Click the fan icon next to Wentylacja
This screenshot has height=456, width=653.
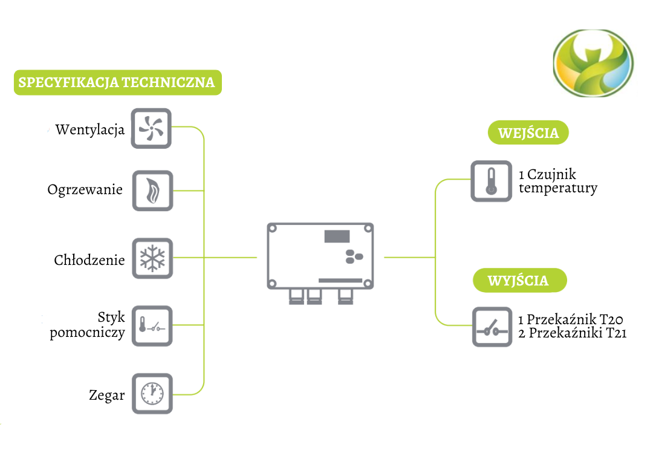(x=151, y=128)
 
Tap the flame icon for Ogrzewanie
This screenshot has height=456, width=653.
(x=152, y=191)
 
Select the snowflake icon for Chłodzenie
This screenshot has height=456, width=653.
(x=152, y=258)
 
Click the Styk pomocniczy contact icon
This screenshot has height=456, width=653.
(x=152, y=326)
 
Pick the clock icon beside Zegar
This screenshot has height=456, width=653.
(x=152, y=394)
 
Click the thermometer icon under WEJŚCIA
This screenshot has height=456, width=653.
(x=491, y=181)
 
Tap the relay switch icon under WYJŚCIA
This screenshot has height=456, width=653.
(x=492, y=327)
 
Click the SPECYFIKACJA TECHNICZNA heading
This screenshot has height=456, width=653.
(x=117, y=82)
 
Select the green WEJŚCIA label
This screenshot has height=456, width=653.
(x=528, y=132)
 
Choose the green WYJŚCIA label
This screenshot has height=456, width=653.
(x=518, y=280)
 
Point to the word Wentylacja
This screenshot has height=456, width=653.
(x=89, y=129)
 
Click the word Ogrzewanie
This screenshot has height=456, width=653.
(x=85, y=190)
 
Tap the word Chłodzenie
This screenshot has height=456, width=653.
(x=89, y=260)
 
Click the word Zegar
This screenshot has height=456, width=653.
(x=106, y=396)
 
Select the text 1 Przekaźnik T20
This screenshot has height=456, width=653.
(x=570, y=319)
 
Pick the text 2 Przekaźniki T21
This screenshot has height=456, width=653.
(x=572, y=333)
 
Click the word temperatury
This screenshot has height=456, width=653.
(x=558, y=188)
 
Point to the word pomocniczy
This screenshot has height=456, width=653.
(x=88, y=332)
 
